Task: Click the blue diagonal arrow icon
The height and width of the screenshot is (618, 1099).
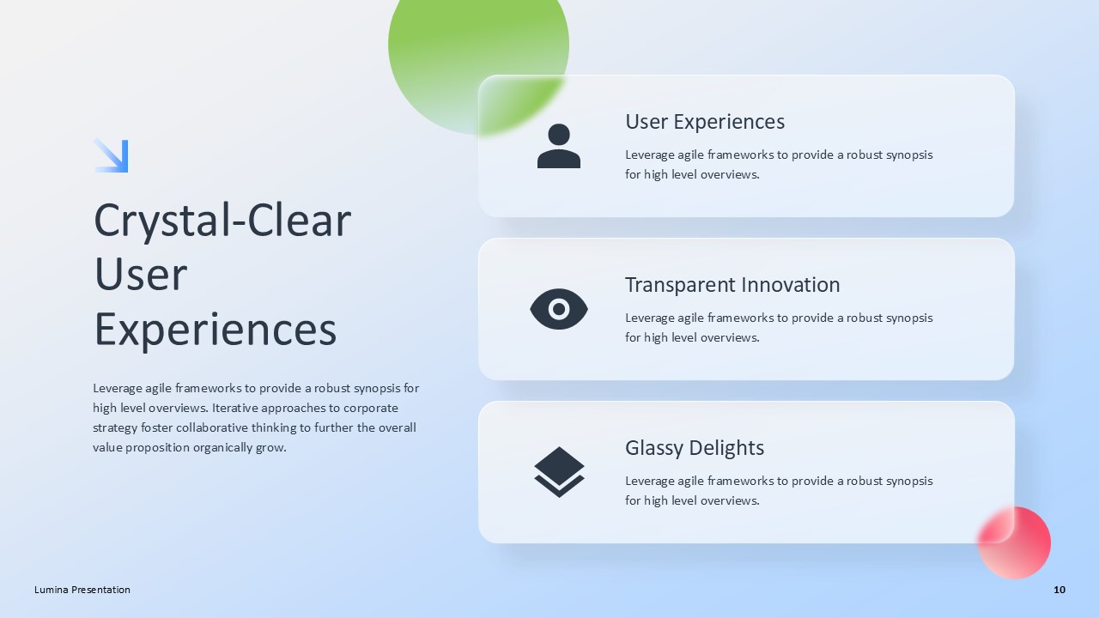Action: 111,155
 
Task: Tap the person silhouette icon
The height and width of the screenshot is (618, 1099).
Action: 559,146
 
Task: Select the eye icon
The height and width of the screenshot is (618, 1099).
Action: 559,309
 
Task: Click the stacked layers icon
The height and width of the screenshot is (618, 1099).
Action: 559,471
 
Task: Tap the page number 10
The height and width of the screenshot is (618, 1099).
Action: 1060,590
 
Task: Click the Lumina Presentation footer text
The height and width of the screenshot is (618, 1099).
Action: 82,590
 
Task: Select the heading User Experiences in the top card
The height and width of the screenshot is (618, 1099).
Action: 705,122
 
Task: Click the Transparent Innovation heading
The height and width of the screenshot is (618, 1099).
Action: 732,285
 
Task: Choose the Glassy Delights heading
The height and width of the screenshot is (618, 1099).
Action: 695,448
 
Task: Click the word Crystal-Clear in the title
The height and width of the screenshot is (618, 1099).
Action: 222,221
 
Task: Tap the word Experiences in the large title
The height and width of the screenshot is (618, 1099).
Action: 215,330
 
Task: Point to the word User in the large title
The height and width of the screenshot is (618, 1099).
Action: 141,275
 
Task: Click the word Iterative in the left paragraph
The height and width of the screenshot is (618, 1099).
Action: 237,408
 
